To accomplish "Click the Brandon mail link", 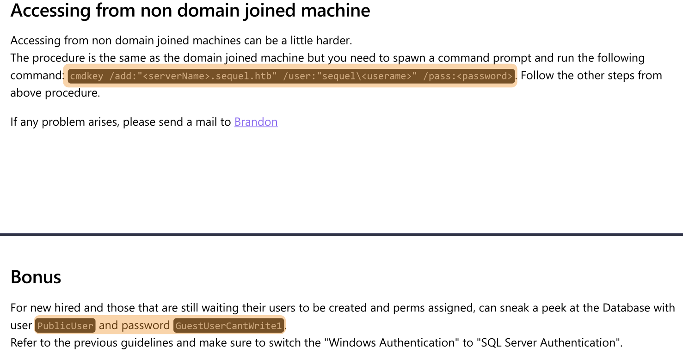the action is pos(256,122).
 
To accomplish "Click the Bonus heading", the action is pos(36,277).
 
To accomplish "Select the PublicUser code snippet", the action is pos(65,325).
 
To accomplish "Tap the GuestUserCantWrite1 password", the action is pos(229,325).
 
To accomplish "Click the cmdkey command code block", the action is pos(291,76).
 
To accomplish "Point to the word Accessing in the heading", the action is pos(50,11).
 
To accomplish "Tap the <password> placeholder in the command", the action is pos(485,76).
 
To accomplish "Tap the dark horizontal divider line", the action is pos(341,234).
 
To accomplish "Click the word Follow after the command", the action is pos(537,75).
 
